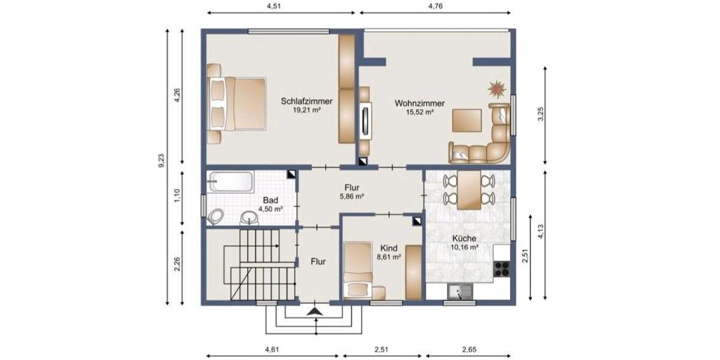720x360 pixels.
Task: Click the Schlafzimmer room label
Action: point(307,101)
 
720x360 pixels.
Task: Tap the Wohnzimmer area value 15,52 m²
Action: point(419,112)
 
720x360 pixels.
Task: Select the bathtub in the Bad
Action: point(230,182)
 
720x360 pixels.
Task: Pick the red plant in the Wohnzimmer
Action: point(496,89)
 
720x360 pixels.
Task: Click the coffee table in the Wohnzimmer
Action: point(467,119)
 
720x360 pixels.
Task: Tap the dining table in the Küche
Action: point(469,190)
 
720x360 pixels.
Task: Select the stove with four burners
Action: point(502,268)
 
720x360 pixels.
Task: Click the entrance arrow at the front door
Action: point(314,311)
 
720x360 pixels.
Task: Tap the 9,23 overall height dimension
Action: point(161,161)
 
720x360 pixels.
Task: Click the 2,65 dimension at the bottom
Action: point(470,350)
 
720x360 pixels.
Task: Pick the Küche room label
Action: point(464,238)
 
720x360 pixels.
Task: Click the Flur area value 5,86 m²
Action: point(352,196)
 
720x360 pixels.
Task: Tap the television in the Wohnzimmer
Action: point(365,121)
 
